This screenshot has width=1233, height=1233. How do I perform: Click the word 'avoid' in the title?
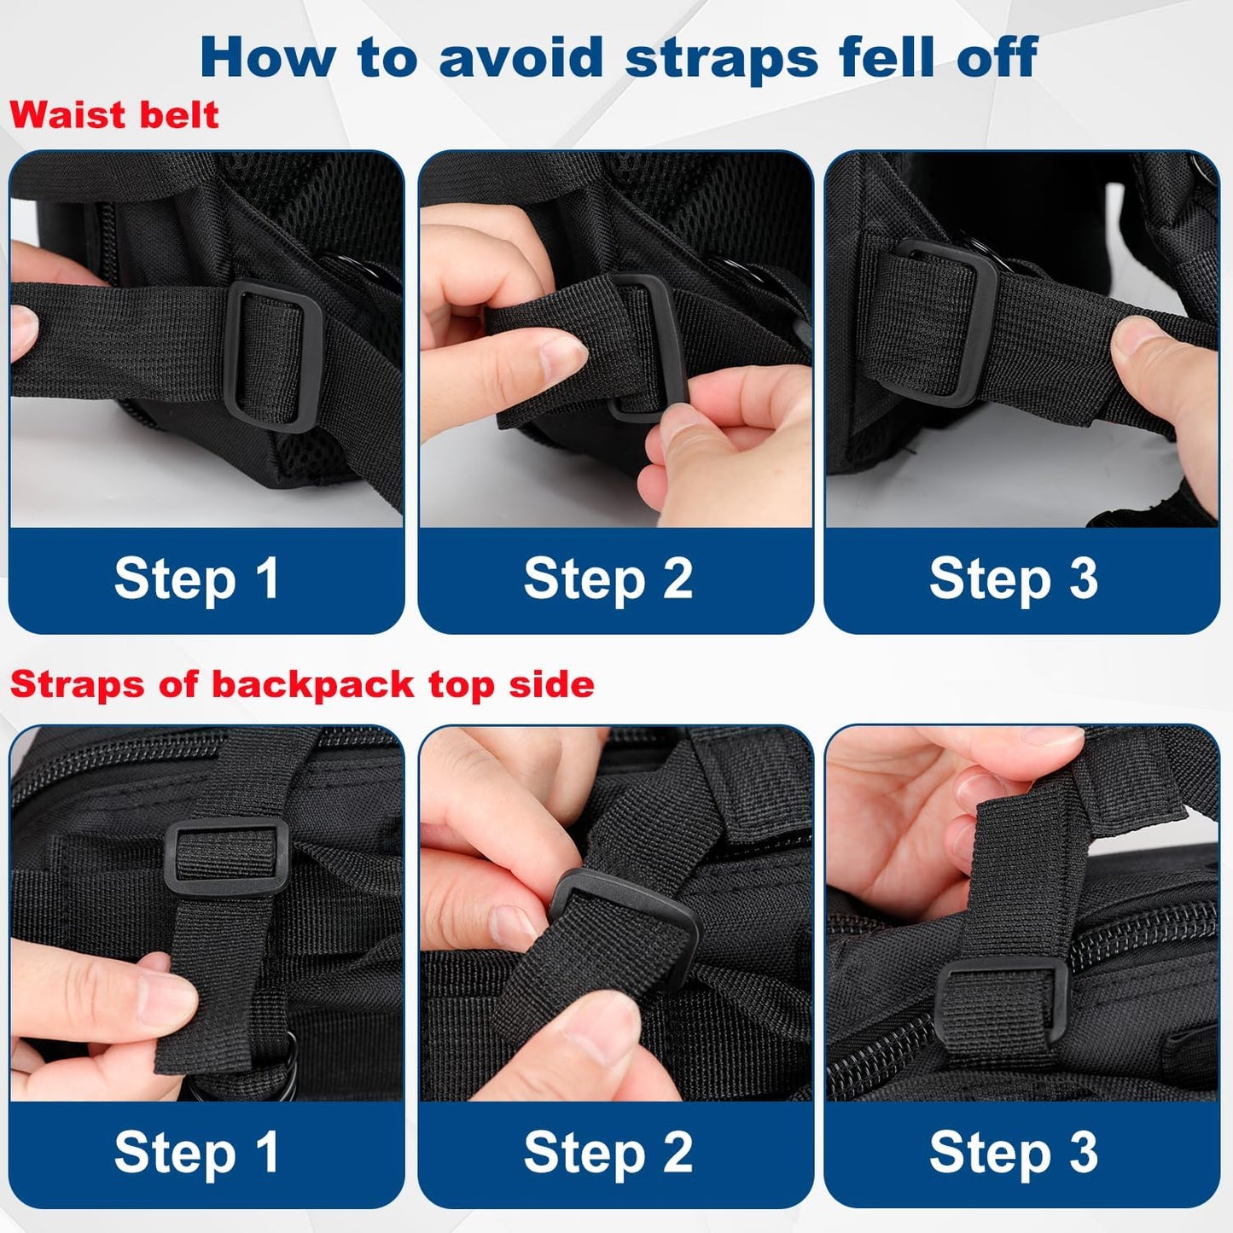pyautogui.click(x=521, y=56)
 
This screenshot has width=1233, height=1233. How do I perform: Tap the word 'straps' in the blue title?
pyautogui.click(x=721, y=60)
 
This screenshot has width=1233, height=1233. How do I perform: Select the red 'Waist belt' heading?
pyautogui.click(x=114, y=115)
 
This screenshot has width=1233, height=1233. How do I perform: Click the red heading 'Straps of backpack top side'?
pyautogui.click(x=302, y=684)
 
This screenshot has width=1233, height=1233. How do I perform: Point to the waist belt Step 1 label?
pyautogui.click(x=196, y=579)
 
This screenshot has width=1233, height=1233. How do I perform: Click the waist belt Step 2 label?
pyautogui.click(x=608, y=579)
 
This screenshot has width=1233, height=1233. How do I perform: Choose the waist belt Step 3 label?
pyautogui.click(x=1014, y=579)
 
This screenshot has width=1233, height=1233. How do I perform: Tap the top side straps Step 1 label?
pyautogui.click(x=196, y=1152)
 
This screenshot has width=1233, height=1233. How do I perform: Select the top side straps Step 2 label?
pyautogui.click(x=608, y=1152)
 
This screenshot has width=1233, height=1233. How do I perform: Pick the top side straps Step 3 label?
pyautogui.click(x=1014, y=1152)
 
